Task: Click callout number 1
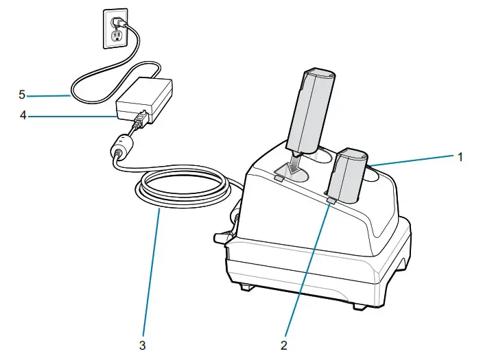click(x=461, y=156)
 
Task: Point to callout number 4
click(x=23, y=117)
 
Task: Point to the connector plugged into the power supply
click(x=140, y=121)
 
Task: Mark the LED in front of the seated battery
click(x=331, y=200)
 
